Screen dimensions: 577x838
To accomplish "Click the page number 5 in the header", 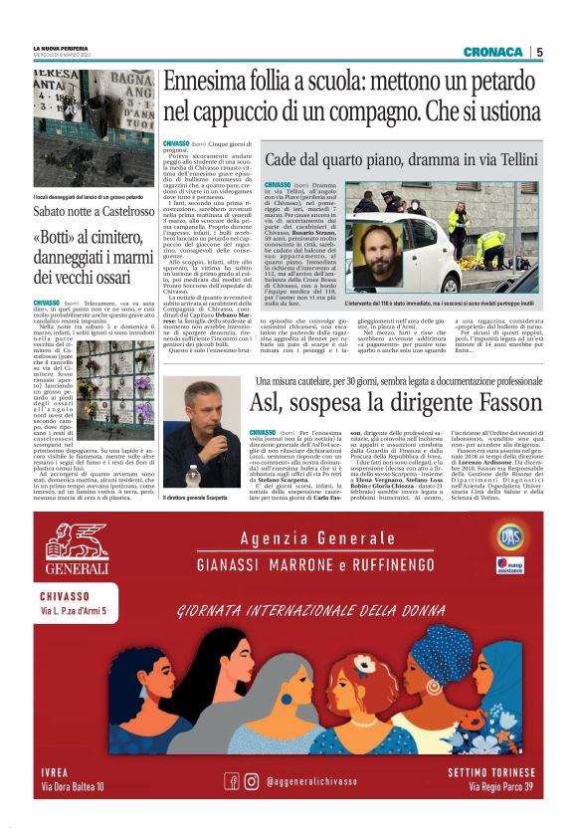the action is click(x=538, y=52).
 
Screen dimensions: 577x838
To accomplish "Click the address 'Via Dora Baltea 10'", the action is click(x=73, y=787).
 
